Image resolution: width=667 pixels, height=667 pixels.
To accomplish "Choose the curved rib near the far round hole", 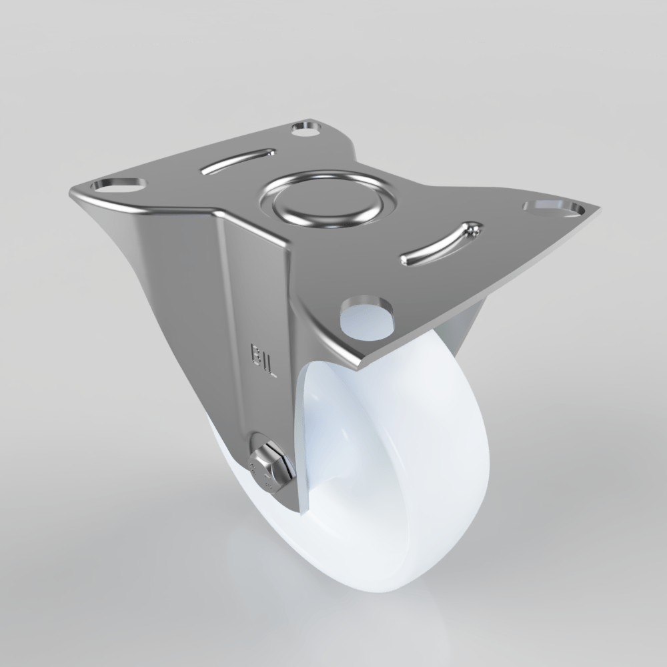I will pyautogui.click(x=238, y=161).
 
